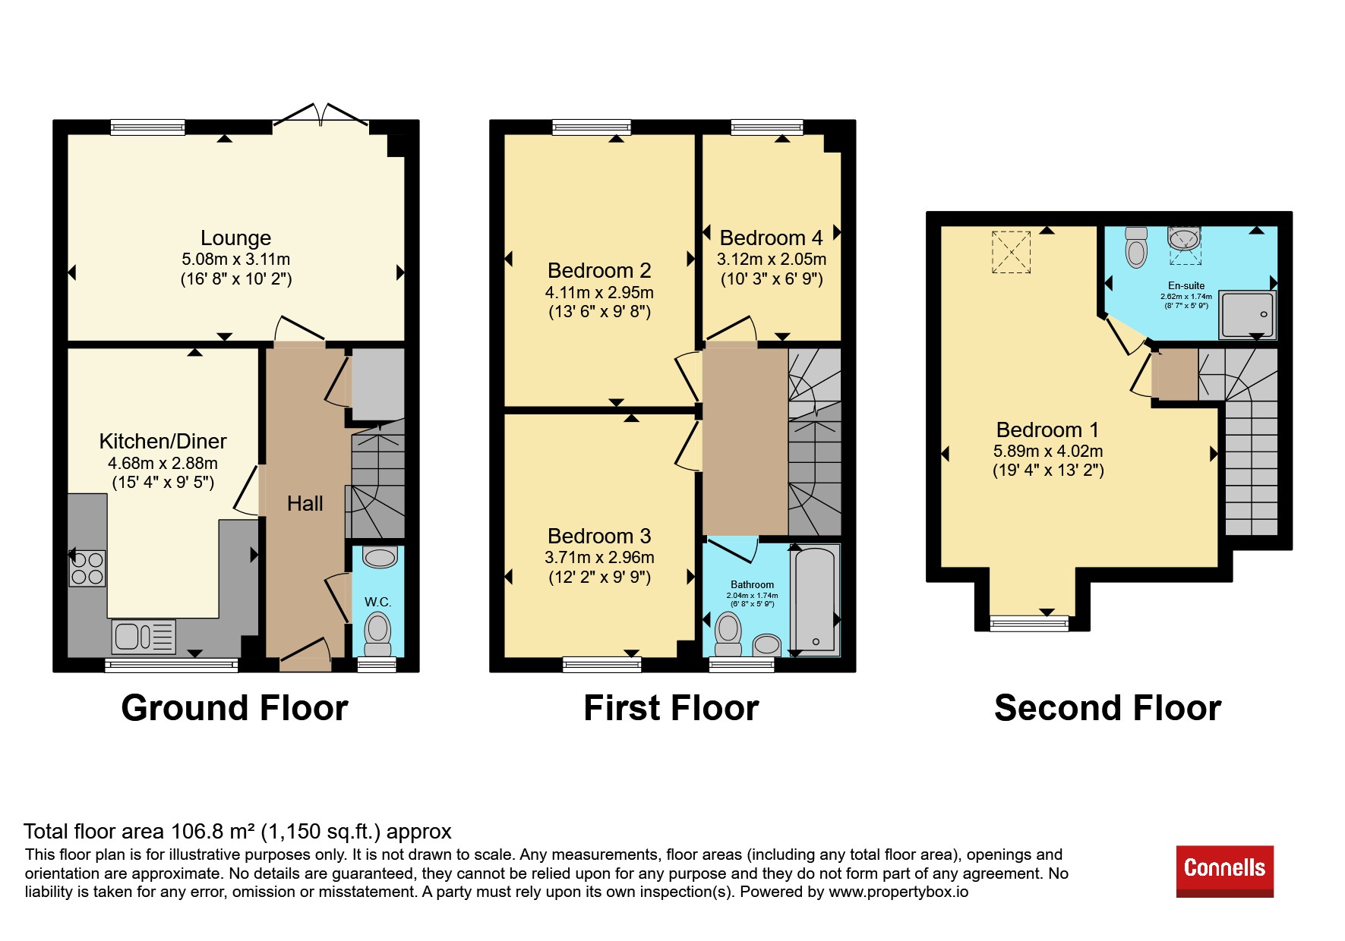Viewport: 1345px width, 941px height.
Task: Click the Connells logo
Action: [x=1224, y=870]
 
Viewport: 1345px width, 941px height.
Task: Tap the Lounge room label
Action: [x=235, y=238]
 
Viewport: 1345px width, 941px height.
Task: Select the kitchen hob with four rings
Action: [x=87, y=568]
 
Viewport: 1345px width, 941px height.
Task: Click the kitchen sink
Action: [x=144, y=636]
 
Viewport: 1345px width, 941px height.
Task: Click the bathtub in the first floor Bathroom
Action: [x=815, y=599]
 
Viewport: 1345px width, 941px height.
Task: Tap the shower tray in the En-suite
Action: [x=1247, y=314]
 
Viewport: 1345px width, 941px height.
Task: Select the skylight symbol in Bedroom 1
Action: [x=1011, y=252]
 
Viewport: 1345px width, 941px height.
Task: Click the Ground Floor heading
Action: [x=235, y=708]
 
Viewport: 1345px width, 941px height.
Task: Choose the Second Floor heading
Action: [x=1107, y=708]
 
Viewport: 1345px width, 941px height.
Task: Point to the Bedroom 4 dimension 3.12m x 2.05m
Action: [x=772, y=260]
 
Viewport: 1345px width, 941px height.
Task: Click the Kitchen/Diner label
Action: [x=163, y=442]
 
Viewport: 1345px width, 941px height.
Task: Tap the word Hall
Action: [x=305, y=503]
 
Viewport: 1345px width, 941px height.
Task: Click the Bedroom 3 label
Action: [x=599, y=537]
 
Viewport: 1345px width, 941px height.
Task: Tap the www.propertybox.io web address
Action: [x=898, y=892]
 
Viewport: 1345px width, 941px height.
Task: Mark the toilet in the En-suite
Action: [x=1136, y=247]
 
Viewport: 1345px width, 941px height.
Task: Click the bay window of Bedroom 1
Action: [x=1029, y=624]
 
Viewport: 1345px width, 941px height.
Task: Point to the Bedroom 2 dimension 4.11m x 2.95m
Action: [x=599, y=293]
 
